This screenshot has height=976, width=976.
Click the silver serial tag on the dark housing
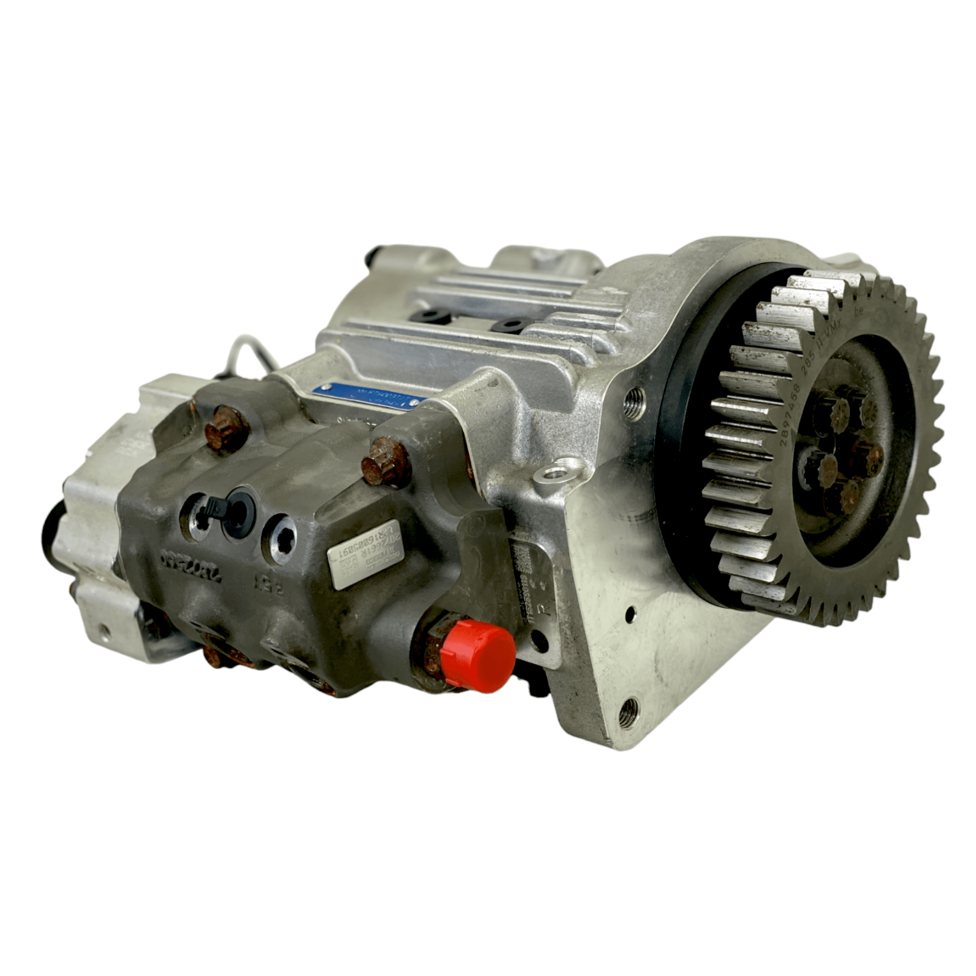click(364, 554)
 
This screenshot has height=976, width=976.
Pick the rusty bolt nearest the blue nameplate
click(385, 462)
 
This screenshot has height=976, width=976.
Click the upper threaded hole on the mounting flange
click(634, 403)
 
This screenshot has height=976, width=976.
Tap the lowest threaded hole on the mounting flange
click(628, 712)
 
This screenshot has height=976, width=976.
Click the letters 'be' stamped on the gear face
click(858, 311)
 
